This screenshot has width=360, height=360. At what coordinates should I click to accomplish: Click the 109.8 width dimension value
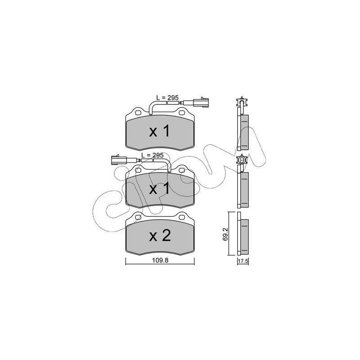pyautogui.click(x=160, y=261)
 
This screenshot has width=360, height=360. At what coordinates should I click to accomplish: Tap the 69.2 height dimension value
pyautogui.click(x=225, y=234)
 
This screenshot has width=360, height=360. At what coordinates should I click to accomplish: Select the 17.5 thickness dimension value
pyautogui.click(x=243, y=261)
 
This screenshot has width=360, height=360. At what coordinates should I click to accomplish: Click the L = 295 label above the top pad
pyautogui.click(x=167, y=98)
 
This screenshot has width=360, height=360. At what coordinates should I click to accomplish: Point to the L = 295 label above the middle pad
pyautogui.click(x=152, y=155)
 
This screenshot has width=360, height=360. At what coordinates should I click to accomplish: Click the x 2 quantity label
pyautogui.click(x=160, y=236)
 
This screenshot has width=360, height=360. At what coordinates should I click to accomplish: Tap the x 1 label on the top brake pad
pyautogui.click(x=160, y=131)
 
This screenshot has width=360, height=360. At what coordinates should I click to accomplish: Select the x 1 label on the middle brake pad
pyautogui.click(x=160, y=189)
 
